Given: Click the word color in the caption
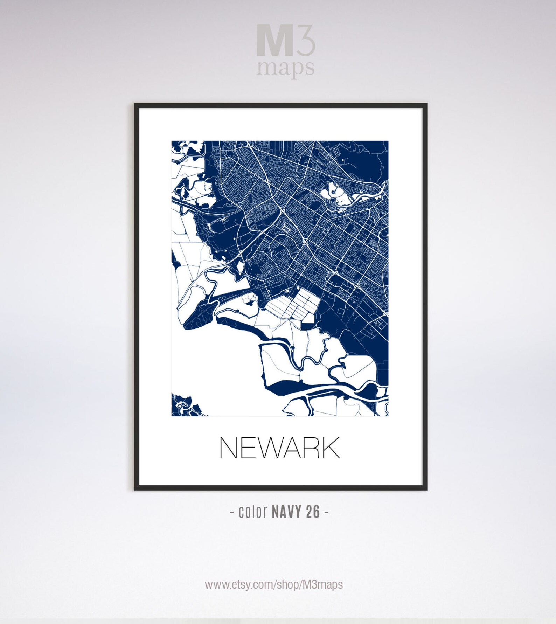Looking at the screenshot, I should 253,512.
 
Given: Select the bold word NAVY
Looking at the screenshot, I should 285,512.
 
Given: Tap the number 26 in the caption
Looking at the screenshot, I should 313,512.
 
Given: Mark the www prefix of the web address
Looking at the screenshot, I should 214,585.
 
